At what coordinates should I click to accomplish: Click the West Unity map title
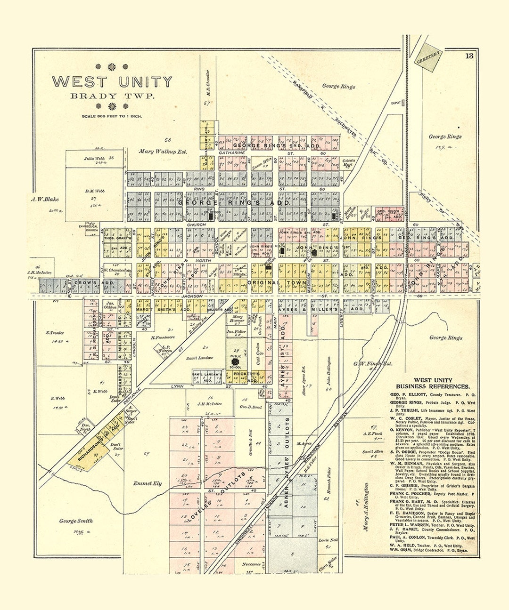point(112,82)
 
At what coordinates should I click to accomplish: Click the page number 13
point(469,56)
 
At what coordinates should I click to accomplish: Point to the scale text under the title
point(112,116)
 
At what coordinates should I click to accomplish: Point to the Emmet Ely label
point(148,483)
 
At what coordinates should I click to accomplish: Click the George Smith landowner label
point(76,521)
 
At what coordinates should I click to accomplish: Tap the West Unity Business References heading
point(432,383)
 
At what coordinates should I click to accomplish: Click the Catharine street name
point(231,153)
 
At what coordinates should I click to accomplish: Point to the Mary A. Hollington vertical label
point(365,506)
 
